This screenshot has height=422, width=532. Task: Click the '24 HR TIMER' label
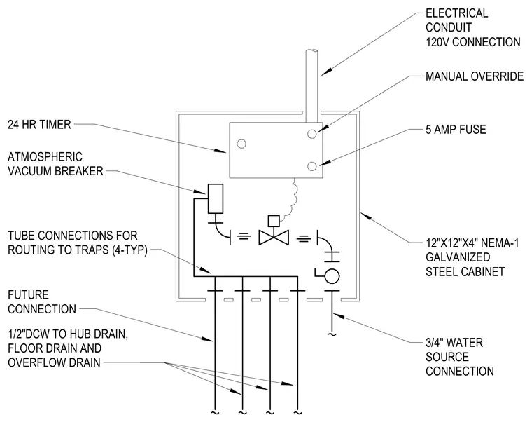coord(39,124)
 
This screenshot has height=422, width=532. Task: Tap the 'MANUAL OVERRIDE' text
coord(475,76)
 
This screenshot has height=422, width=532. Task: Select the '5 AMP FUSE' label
coord(456,130)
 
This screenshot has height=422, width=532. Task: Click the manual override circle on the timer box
coord(311,134)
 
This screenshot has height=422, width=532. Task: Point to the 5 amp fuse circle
coord(311,166)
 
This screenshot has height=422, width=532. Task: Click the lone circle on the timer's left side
coord(241,144)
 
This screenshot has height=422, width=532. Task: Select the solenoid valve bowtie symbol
coord(274,237)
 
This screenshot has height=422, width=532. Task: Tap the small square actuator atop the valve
coord(274,221)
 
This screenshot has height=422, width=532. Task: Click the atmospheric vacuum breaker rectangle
coord(216,198)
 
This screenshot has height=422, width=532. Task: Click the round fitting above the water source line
coord(332,275)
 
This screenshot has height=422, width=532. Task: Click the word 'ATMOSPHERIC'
coord(45,156)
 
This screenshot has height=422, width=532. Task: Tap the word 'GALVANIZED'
coord(458,257)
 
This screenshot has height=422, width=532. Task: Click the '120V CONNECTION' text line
coord(473,42)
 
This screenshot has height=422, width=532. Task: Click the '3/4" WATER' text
coord(454,343)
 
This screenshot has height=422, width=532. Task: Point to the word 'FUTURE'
coord(28,294)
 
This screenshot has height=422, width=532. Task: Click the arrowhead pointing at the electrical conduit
coord(326,71)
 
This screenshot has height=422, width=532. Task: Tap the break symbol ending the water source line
coord(332,334)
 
